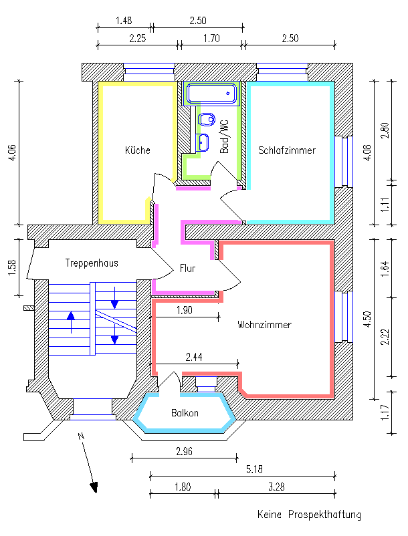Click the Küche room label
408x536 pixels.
[x=138, y=150]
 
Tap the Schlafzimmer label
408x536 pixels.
[x=287, y=150]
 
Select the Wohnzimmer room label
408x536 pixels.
[x=264, y=325]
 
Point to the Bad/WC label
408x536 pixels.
[x=225, y=137]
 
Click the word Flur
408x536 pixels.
[x=187, y=269]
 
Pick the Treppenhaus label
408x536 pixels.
[x=92, y=263]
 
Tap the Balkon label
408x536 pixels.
[x=185, y=413]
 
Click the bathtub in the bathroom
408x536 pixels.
[x=212, y=94]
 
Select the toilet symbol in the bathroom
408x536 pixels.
[x=207, y=120]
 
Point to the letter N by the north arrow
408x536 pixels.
[x=80, y=437]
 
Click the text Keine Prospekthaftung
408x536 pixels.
[x=309, y=515]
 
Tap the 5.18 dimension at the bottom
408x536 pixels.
[x=253, y=470]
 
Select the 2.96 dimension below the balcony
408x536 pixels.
[x=184, y=452]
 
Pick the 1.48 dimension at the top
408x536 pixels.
[x=124, y=21]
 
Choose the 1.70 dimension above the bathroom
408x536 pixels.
[x=211, y=38]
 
